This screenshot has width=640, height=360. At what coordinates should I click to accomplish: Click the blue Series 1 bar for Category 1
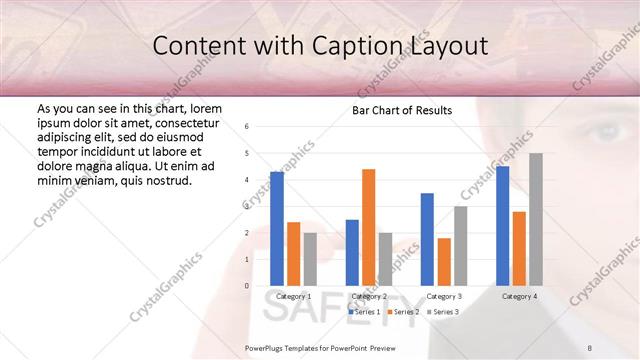pos(276,229)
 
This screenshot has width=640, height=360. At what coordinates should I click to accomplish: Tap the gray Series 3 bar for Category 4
pos(536,219)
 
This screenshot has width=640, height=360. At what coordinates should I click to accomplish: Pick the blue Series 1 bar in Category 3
pos(427,239)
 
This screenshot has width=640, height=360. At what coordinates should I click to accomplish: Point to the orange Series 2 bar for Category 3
pos(443,262)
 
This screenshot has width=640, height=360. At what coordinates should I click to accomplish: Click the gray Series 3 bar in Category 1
pos(309,259)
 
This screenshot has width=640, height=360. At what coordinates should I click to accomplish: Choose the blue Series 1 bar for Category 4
pos(502,226)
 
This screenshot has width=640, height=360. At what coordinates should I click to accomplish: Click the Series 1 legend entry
pos(364,312)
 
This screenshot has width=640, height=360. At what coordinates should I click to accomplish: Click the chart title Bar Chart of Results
pos(402,110)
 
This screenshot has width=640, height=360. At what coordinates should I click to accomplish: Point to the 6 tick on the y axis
pos(247,127)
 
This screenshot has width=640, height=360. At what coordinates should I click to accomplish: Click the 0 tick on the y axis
pos(247,286)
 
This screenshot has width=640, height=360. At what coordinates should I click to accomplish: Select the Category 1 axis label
pos(293,297)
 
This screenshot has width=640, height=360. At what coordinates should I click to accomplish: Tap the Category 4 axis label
pos(519,297)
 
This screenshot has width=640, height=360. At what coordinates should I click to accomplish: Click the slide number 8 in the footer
pos(617,348)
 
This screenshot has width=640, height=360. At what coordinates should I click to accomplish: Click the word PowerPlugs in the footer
pos(266,348)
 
